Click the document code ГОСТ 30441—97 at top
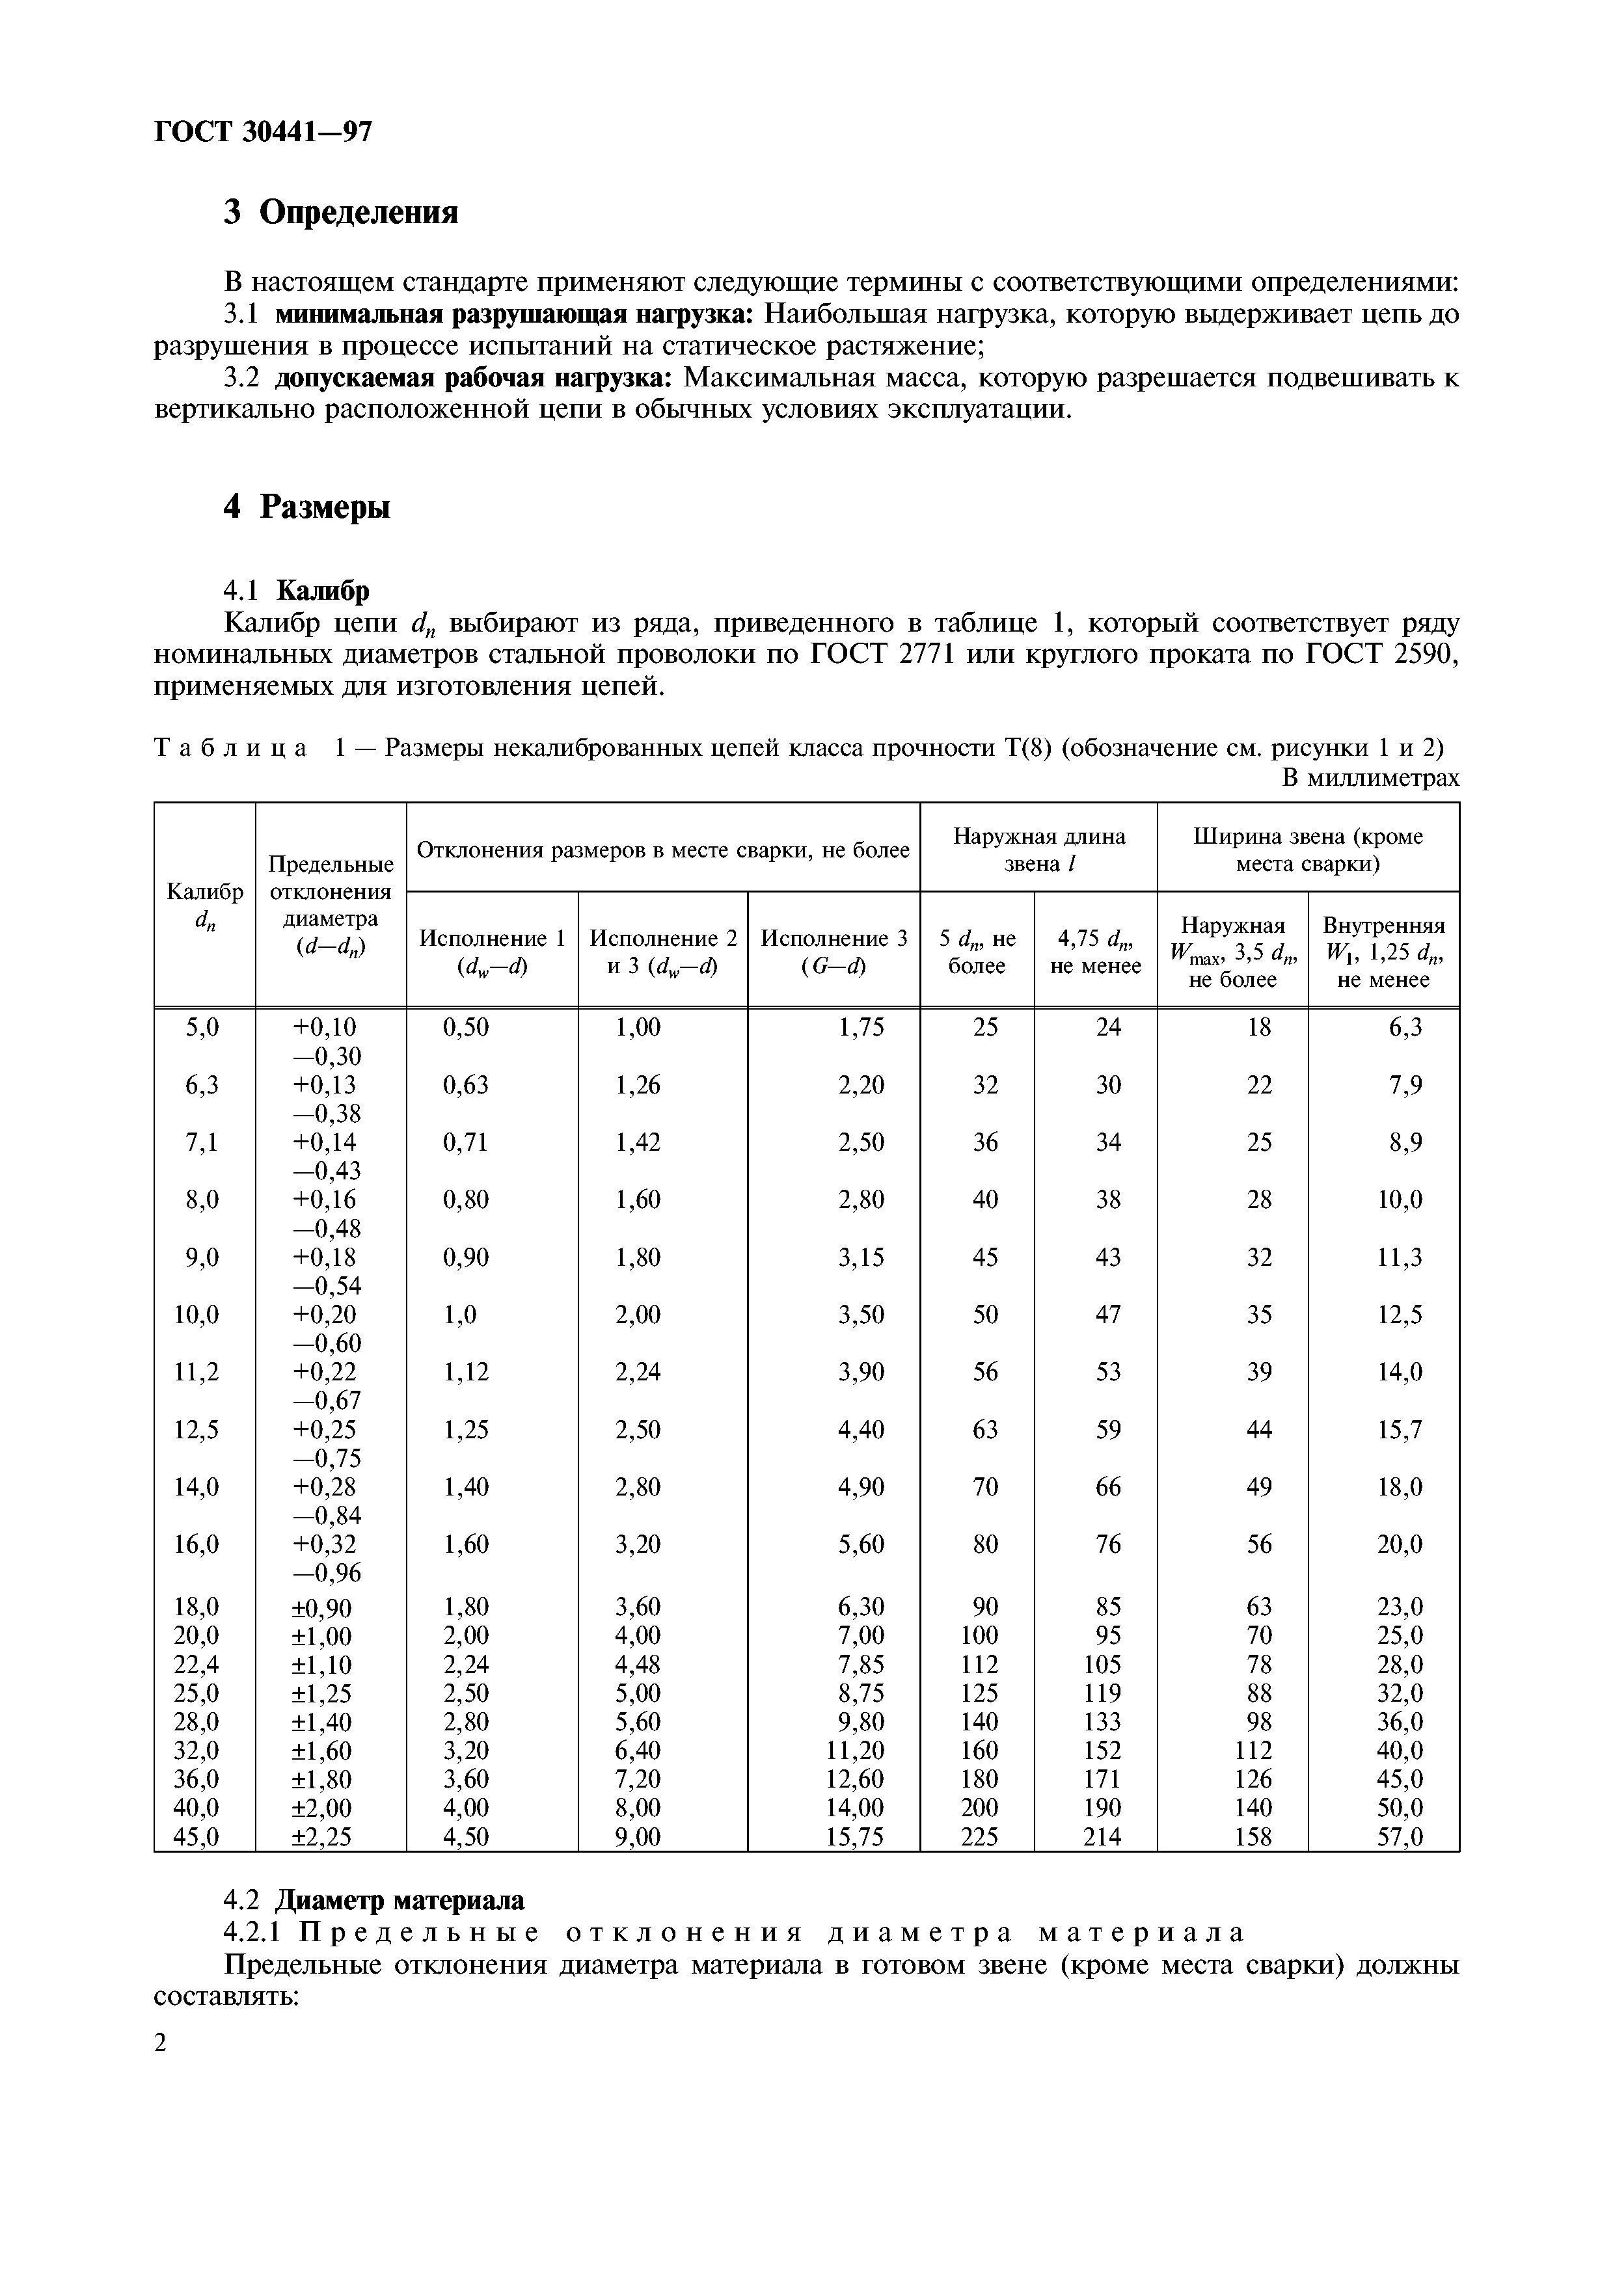point(264,132)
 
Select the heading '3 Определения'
point(341,211)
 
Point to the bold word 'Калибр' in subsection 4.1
point(322,591)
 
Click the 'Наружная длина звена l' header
point(1038,850)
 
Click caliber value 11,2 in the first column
point(197,1373)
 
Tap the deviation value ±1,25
point(321,1693)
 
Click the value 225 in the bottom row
point(979,1837)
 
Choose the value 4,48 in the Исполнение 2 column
point(637,1665)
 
